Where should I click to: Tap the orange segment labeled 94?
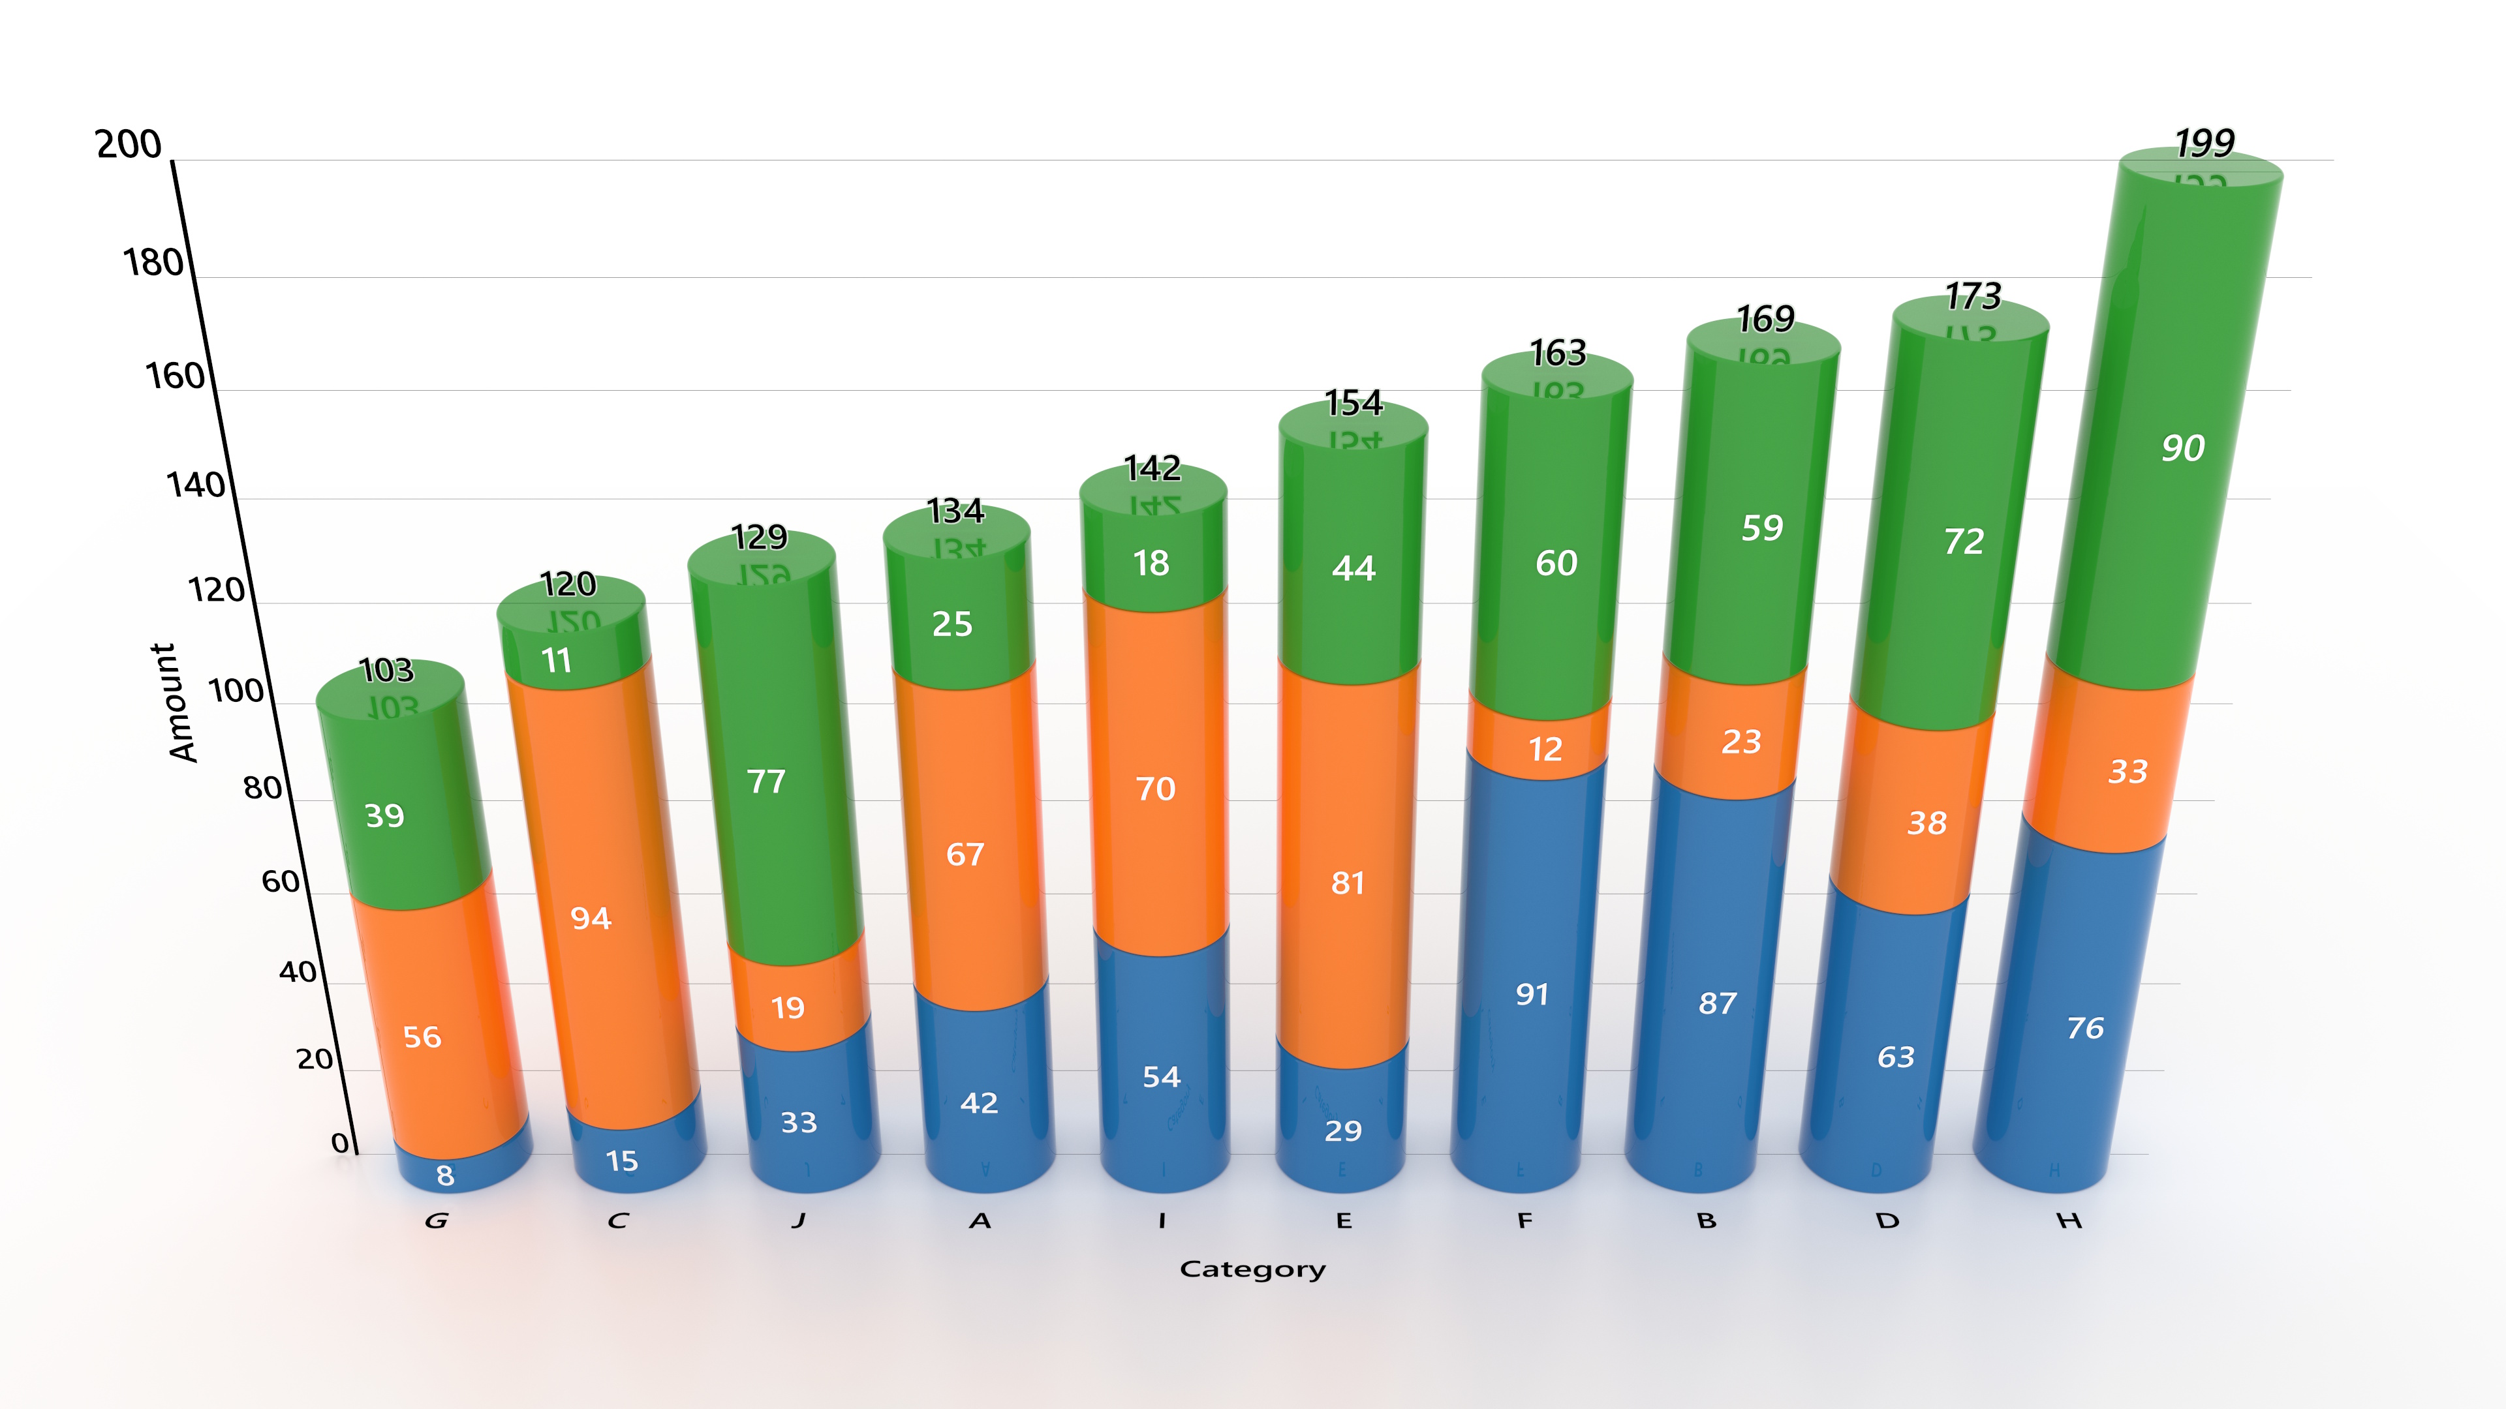591,918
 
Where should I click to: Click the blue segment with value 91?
1531,993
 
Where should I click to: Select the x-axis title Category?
1252,1269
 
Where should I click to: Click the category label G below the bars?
437,1220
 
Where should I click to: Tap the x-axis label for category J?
799,1220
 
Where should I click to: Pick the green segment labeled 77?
767,782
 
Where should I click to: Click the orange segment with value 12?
1545,749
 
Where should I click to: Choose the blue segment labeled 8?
446,1175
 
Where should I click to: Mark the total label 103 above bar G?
386,670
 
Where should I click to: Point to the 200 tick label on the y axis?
129,144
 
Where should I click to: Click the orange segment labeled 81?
1348,883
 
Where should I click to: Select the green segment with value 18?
1151,563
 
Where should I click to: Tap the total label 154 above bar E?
1354,402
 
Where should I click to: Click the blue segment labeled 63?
1895,1057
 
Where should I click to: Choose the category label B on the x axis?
1707,1220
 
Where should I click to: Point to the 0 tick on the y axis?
339,1143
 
